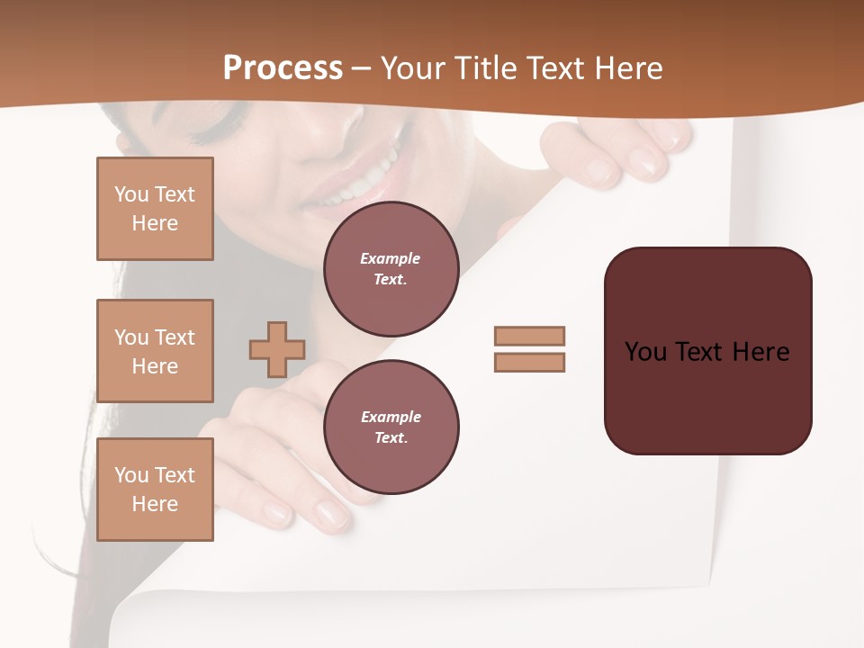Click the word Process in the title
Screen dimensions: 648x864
tap(283, 68)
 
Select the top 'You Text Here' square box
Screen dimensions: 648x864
tap(155, 209)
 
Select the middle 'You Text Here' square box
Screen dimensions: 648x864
tap(155, 351)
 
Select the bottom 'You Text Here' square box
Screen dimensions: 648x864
tap(155, 490)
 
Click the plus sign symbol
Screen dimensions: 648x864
tap(277, 349)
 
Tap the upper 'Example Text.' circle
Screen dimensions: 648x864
tap(391, 269)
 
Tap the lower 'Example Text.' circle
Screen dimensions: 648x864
tap(391, 427)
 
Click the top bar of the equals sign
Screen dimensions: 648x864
tap(529, 336)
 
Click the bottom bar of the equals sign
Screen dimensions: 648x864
tap(529, 363)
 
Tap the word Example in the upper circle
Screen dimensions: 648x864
tap(390, 258)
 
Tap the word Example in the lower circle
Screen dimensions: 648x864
tap(391, 417)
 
